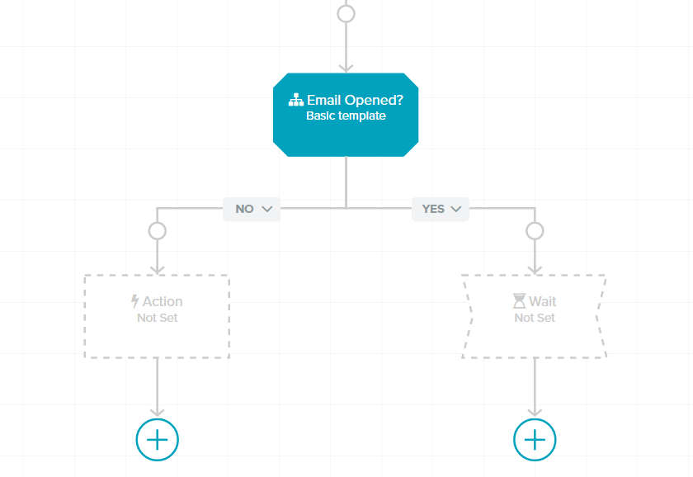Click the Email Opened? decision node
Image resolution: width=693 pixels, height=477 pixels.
(x=346, y=115)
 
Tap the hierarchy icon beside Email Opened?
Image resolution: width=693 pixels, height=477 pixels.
(x=295, y=100)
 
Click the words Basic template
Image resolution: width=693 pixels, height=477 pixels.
(x=346, y=116)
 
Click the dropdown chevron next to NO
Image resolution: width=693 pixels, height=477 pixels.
(x=267, y=209)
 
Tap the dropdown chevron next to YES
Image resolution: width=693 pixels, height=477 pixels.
(x=455, y=209)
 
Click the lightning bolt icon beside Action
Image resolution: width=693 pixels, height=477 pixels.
(x=134, y=301)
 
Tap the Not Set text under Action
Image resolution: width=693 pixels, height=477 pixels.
(x=158, y=318)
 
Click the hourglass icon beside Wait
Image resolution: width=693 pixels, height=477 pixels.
(x=519, y=301)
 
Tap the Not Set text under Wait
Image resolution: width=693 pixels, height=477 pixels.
(x=535, y=318)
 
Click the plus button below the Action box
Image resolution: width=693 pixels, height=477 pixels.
(x=158, y=439)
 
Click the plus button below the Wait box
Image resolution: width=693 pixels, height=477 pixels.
(x=535, y=439)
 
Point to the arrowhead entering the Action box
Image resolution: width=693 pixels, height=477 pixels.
(x=158, y=270)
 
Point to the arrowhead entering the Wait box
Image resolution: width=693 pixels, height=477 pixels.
(x=535, y=270)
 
